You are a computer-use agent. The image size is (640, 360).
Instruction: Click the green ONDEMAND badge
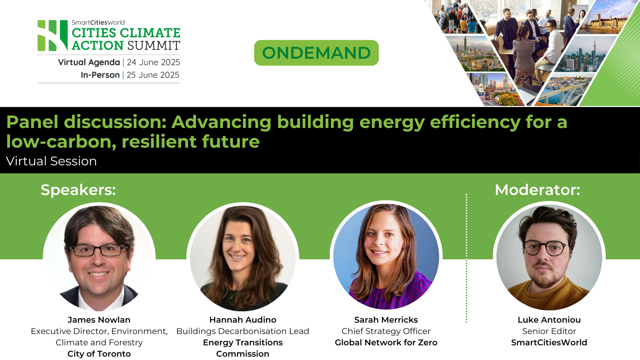pyautogui.click(x=316, y=53)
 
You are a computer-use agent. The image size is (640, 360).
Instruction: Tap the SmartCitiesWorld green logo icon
pyautogui.click(x=52, y=36)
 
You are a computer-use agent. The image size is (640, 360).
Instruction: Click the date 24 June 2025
pyautogui.click(x=153, y=62)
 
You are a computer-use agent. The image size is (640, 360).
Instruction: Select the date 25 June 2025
pyautogui.click(x=153, y=75)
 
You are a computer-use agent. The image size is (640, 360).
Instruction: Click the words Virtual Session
pyautogui.click(x=51, y=161)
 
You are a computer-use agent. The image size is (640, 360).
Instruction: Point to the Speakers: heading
pyautogui.click(x=78, y=190)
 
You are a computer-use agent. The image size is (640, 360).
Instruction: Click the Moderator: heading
pyautogui.click(x=537, y=190)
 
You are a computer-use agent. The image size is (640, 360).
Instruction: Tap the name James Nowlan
pyautogui.click(x=99, y=320)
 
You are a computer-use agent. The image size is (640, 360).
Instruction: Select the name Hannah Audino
pyautogui.click(x=243, y=320)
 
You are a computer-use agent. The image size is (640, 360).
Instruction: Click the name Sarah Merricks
pyautogui.click(x=386, y=320)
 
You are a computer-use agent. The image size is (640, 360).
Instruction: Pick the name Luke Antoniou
pyautogui.click(x=549, y=320)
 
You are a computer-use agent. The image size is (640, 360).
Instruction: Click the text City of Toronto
pyautogui.click(x=99, y=354)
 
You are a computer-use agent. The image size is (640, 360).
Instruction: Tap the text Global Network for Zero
pyautogui.click(x=386, y=343)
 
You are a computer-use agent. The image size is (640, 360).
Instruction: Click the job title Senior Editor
pyautogui.click(x=549, y=331)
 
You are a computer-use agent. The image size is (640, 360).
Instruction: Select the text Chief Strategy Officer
pyautogui.click(x=386, y=331)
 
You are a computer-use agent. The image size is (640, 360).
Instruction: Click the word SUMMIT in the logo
pyautogui.click(x=154, y=46)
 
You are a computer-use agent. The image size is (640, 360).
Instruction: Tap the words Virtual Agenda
pyautogui.click(x=89, y=62)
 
